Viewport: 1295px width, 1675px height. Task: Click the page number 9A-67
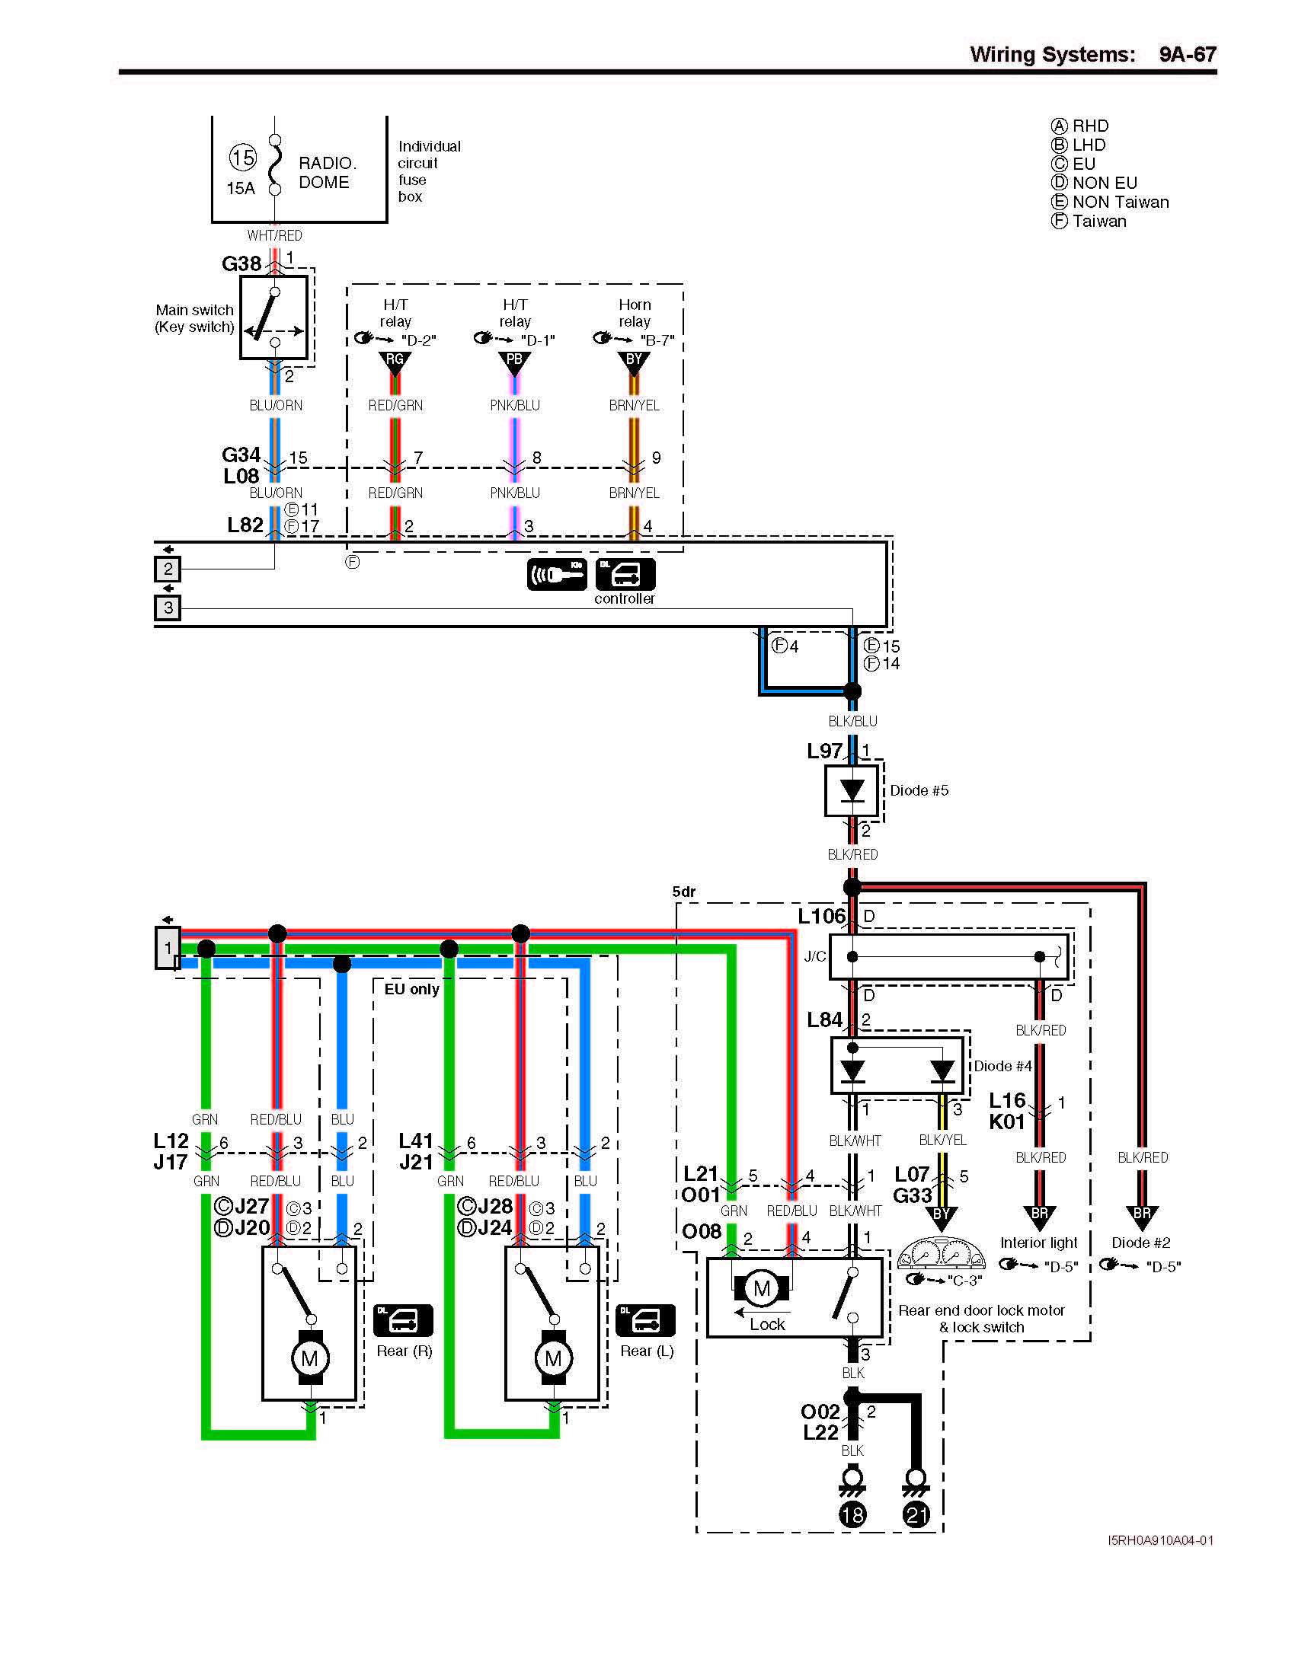(x=1187, y=55)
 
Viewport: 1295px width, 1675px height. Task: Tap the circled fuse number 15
(x=242, y=158)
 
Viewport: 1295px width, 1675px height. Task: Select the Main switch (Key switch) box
(x=274, y=317)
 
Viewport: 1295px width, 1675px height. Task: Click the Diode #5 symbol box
(x=852, y=791)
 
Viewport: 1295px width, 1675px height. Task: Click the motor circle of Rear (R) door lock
(x=309, y=1359)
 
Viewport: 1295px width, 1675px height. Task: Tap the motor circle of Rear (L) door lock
(x=552, y=1359)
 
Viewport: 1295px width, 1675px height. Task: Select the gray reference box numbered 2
(x=168, y=569)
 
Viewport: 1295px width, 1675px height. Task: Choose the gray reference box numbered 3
(x=168, y=608)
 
